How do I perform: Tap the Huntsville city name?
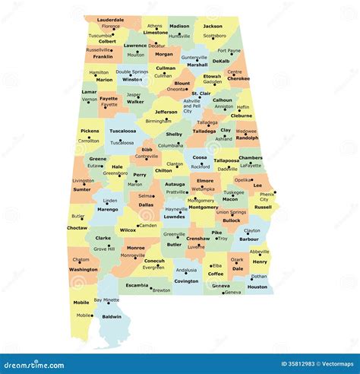click(x=180, y=36)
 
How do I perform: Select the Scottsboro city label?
click(x=215, y=35)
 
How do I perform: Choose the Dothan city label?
click(x=259, y=277)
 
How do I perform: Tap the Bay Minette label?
click(x=106, y=300)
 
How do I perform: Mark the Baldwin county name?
click(x=112, y=316)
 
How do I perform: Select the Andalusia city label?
click(x=186, y=270)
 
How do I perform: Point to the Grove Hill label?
click(x=104, y=248)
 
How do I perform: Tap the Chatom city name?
click(x=81, y=259)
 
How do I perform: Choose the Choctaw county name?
click(x=77, y=227)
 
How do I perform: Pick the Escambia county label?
click(x=137, y=285)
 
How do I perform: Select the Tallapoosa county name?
click(x=226, y=160)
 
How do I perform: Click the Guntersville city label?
click(x=194, y=57)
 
